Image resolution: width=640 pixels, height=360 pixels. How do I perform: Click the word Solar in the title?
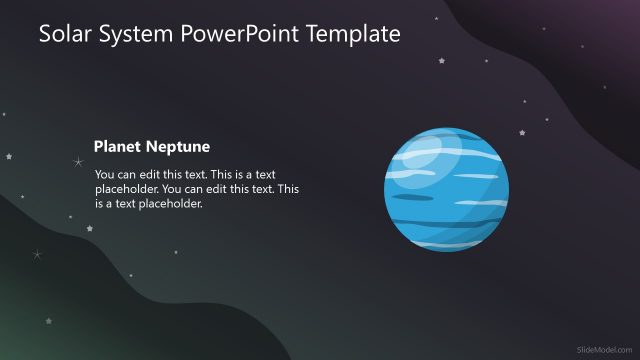point(62,34)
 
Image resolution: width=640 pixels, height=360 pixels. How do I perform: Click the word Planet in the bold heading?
point(118,147)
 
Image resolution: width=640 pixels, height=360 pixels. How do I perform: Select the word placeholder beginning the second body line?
point(126,189)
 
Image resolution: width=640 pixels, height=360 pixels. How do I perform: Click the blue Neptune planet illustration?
point(446,192)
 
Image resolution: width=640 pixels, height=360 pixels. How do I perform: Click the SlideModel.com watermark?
point(605,348)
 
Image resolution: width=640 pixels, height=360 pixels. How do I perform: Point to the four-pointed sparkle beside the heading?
point(77,162)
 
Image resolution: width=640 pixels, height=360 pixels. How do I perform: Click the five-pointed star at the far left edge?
point(9,156)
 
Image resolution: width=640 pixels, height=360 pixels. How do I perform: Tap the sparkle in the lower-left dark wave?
point(37,255)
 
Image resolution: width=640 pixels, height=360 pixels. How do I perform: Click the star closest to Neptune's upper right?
point(521,132)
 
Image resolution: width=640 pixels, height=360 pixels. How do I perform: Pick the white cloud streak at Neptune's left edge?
point(400,177)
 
